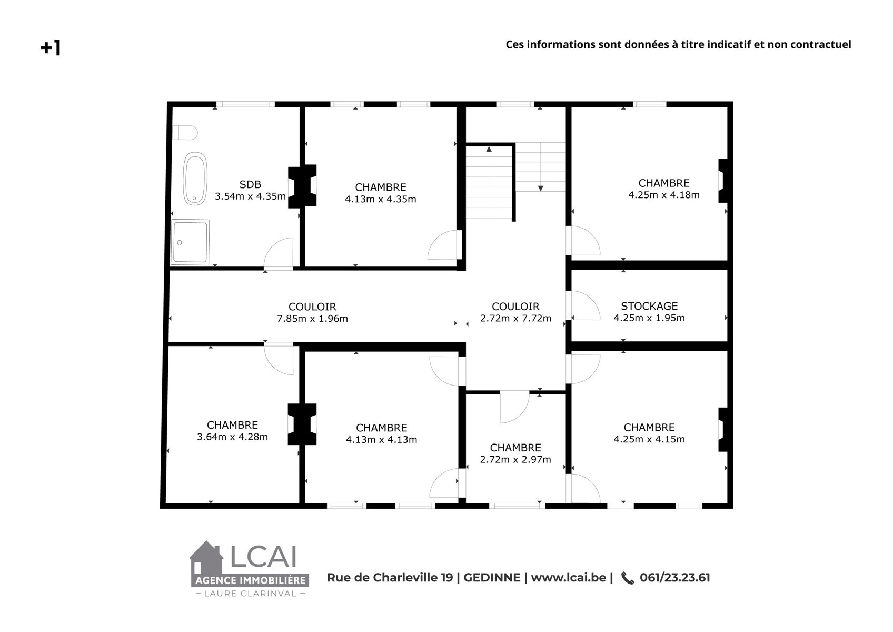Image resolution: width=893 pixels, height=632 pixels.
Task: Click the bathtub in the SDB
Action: [x=195, y=178]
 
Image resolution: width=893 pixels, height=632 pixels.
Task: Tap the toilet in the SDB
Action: [x=185, y=132]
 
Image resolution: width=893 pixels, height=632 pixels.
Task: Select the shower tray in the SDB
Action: [x=190, y=242]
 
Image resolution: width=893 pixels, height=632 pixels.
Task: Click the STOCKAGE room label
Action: [x=649, y=306]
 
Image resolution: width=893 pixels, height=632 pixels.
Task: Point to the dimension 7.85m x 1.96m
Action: [x=312, y=319]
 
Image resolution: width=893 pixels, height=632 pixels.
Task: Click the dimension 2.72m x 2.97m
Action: [x=515, y=459]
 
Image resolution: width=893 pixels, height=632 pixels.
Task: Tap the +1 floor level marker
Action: [x=51, y=47]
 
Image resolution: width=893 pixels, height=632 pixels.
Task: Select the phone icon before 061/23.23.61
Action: [x=628, y=578]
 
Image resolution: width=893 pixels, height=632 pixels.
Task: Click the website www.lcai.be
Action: [x=569, y=578]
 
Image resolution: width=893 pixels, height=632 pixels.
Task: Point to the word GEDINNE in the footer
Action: [x=492, y=578]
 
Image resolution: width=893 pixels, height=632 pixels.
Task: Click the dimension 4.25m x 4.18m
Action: [x=664, y=195]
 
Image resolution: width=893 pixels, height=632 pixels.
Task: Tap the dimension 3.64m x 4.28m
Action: [x=232, y=437]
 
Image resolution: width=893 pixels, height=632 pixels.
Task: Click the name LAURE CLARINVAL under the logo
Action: [x=250, y=594]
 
